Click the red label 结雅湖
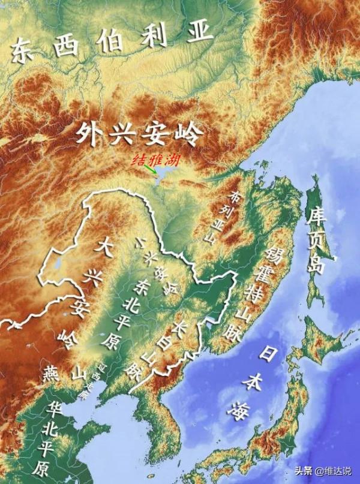[x=155, y=160]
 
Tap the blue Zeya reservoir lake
[x=161, y=175]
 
